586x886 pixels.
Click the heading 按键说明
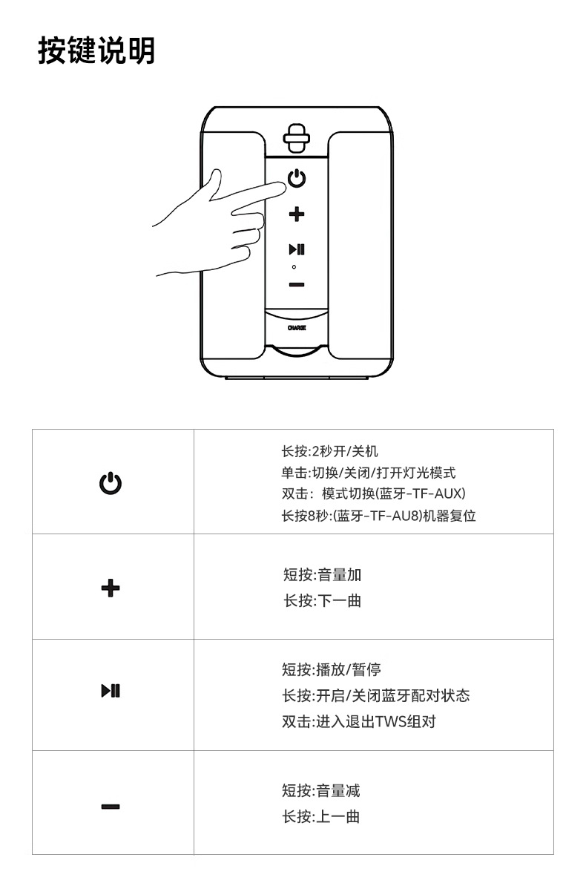(96, 51)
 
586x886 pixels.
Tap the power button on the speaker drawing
(297, 179)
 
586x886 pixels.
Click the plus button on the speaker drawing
(297, 214)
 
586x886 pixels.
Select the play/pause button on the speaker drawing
(297, 249)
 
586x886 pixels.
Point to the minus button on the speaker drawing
(297, 284)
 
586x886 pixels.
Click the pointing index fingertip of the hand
(282, 188)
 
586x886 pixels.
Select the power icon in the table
(111, 483)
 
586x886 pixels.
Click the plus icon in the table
(111, 588)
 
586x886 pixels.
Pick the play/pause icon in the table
(111, 692)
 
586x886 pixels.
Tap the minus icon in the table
(111, 807)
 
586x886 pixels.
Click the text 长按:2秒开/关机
(329, 451)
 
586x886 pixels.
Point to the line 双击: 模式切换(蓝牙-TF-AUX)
(373, 493)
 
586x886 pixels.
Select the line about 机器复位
(378, 516)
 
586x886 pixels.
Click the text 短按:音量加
(322, 574)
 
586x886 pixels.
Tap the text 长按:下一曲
(322, 600)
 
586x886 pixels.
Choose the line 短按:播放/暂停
(331, 670)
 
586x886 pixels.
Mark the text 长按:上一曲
(321, 816)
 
